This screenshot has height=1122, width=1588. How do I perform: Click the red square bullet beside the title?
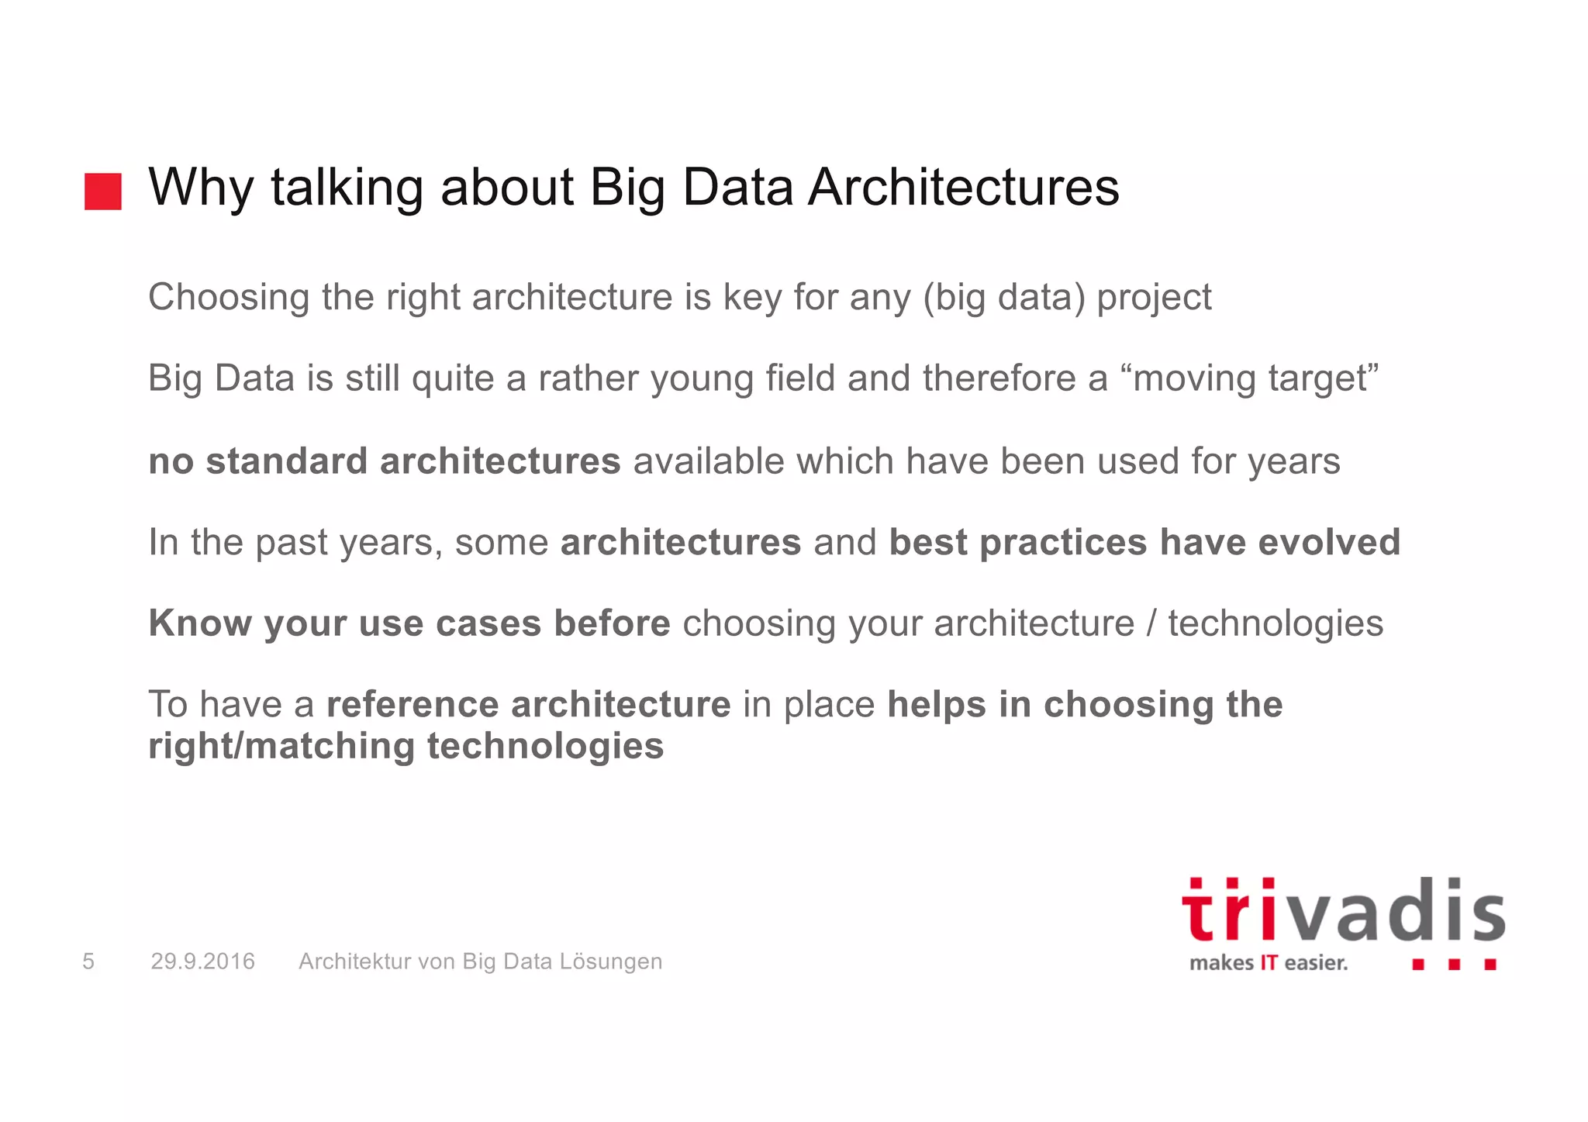pos(103,192)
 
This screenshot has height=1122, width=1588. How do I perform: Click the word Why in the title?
pos(201,188)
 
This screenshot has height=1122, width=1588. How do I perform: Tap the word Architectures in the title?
pos(963,188)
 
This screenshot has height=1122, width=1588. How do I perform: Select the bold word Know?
pos(200,623)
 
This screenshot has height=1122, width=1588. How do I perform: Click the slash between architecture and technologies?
pos(1151,624)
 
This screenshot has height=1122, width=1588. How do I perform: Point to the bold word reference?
pos(413,705)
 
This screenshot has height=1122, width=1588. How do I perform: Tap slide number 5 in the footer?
pos(88,961)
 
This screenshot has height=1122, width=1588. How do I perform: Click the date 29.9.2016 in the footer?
pos(202,961)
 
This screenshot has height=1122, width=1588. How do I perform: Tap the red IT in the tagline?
pos(1269,963)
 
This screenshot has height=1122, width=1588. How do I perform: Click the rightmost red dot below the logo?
pos(1490,965)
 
